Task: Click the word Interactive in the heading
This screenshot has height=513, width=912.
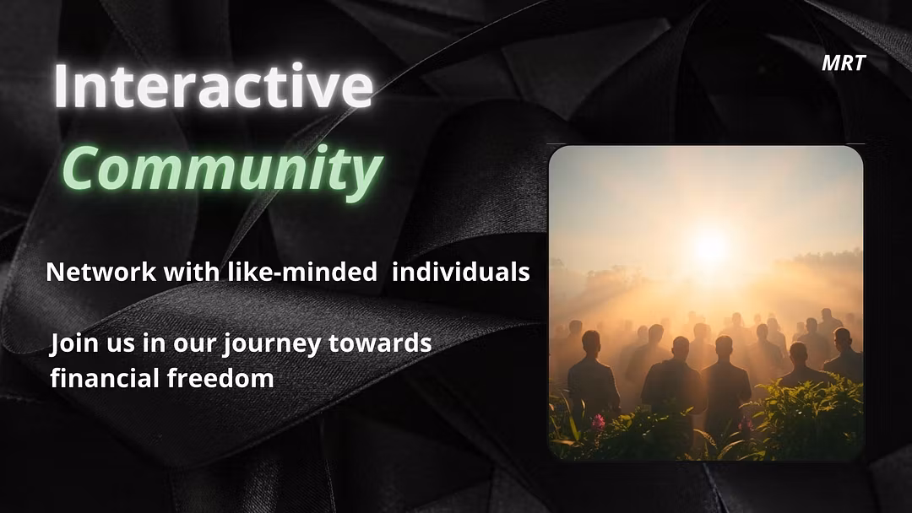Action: (x=214, y=85)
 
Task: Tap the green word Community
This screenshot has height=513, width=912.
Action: (x=221, y=169)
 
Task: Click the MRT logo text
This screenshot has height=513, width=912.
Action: (x=844, y=62)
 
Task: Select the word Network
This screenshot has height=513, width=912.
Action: (x=100, y=272)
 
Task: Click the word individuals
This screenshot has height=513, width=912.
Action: (x=461, y=272)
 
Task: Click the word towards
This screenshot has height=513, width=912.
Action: (x=380, y=343)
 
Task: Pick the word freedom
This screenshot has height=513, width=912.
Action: (x=220, y=378)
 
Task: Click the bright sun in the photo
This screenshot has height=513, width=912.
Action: (x=709, y=246)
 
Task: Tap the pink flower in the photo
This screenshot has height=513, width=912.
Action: (x=598, y=421)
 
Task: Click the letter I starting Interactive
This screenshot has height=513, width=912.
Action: (x=60, y=86)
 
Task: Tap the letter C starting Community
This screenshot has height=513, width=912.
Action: (x=80, y=169)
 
